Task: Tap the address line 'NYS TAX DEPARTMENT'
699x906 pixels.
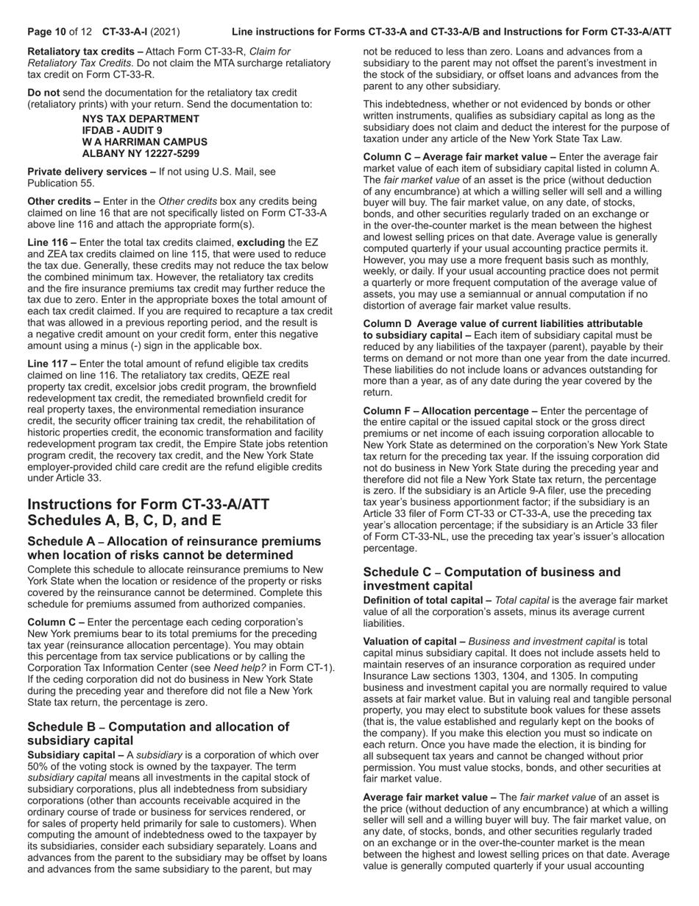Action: point(141,119)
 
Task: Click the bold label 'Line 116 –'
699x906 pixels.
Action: point(52,242)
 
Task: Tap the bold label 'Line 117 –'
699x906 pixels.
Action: point(52,363)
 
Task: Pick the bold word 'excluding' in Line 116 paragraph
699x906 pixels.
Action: point(260,242)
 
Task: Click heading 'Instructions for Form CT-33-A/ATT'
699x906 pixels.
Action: point(148,505)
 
